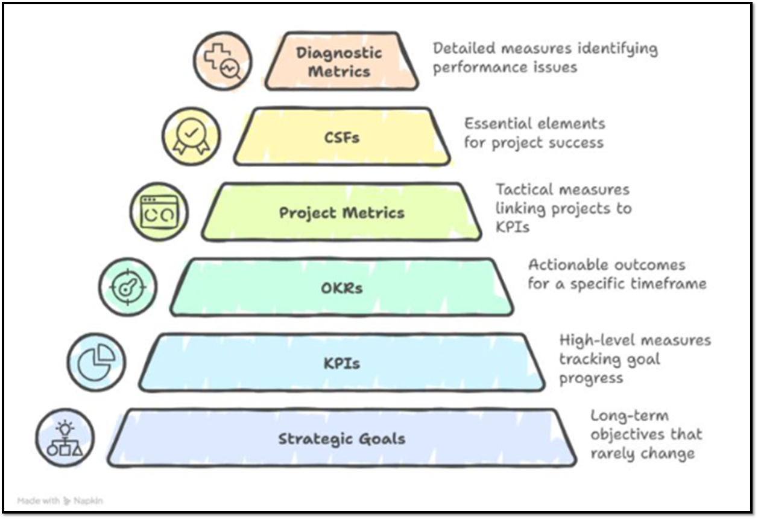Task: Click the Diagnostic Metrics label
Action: tap(339, 62)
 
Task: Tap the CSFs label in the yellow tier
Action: tap(342, 137)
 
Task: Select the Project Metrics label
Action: tap(341, 212)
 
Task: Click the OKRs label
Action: tap(342, 288)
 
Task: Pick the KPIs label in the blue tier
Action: tap(342, 363)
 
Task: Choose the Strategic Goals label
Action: tap(341, 439)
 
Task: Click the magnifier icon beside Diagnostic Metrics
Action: tap(223, 62)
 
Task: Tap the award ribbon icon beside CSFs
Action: tap(191, 136)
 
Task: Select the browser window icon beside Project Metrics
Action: tap(159, 212)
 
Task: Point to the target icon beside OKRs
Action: tap(128, 287)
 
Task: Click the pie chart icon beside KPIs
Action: tap(96, 362)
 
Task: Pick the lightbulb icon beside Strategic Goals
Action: tap(65, 438)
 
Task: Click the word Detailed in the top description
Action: tap(461, 48)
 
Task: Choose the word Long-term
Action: tap(621, 416)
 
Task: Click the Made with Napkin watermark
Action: tap(60, 500)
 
